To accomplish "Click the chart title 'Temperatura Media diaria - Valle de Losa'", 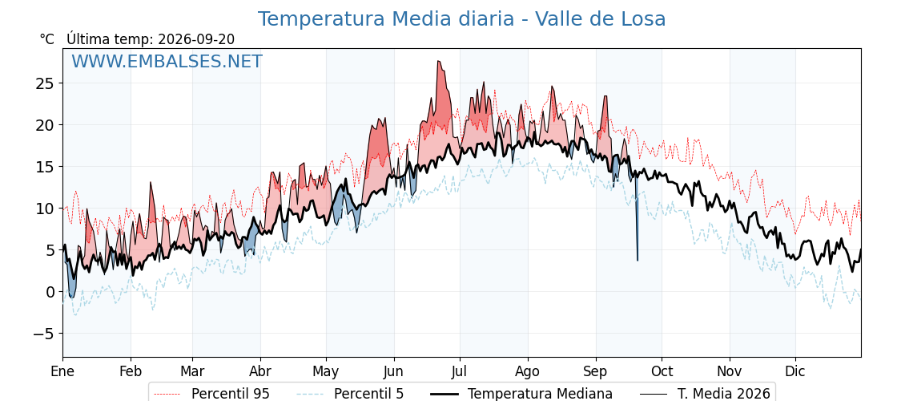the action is click(x=461, y=19).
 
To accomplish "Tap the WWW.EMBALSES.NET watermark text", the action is click(x=167, y=61).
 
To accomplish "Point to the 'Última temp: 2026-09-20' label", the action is click(x=151, y=39).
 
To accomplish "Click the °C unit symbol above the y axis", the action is click(x=47, y=39).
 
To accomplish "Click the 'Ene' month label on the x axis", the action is click(x=63, y=371).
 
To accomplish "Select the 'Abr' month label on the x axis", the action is click(x=261, y=371).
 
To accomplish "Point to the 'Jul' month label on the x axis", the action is click(x=460, y=371).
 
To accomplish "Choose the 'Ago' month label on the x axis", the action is click(x=528, y=372).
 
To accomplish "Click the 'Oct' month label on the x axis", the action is click(x=662, y=371).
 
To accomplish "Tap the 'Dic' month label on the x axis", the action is click(x=796, y=371).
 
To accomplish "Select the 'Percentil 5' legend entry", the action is click(x=351, y=394).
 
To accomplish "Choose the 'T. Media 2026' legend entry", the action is click(x=705, y=394).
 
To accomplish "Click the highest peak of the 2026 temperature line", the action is click(x=438, y=61).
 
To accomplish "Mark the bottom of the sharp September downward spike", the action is click(x=638, y=261).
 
